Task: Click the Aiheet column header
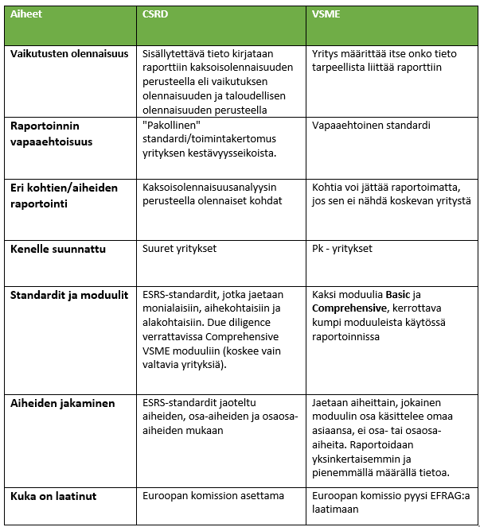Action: pos(27,14)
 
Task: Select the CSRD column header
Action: pos(155,14)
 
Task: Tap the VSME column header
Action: pos(328,14)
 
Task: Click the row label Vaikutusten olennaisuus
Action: pos(68,54)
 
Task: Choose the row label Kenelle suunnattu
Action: pos(58,249)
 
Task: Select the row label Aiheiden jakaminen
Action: pos(63,403)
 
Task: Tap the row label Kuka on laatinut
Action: pos(53,496)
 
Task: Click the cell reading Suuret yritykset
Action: pos(179,249)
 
